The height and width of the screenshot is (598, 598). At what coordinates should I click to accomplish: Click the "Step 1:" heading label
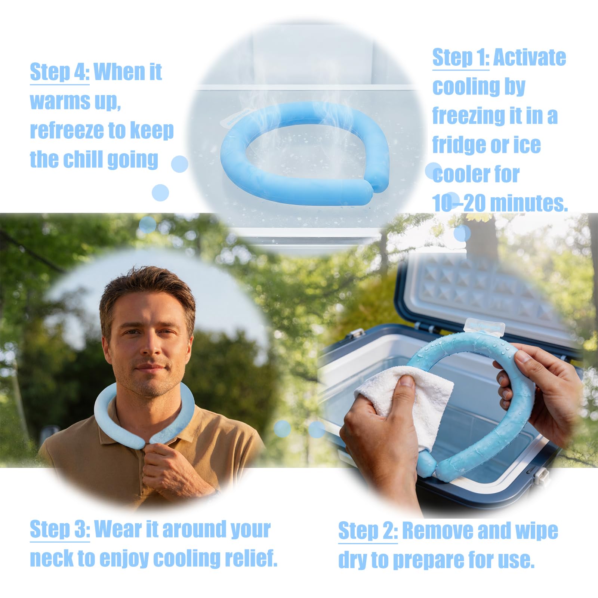pos(461,58)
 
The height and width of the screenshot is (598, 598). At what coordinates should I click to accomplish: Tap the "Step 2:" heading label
pos(368,531)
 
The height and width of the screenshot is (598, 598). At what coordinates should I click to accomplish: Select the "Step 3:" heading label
pos(60,530)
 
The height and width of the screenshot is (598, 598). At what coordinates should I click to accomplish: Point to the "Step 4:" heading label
pos(59,72)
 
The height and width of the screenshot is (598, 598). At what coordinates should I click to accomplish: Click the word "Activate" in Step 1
pos(530,58)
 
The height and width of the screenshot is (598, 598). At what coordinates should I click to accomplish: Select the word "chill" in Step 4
pos(82,160)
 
